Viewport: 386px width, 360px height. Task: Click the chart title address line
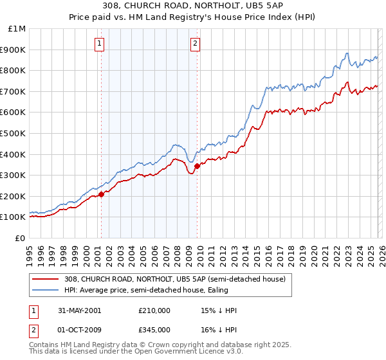[193, 6]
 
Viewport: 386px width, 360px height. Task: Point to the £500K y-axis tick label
[13, 134]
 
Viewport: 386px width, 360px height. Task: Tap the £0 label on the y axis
[21, 238]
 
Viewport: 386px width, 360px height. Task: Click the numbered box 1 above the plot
[100, 44]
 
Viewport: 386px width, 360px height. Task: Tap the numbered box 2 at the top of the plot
[195, 44]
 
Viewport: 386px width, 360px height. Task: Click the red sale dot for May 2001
[101, 194]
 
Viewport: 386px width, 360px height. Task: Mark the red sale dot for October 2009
[196, 166]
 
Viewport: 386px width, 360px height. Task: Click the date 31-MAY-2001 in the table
[79, 310]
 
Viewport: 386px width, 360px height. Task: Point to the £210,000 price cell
[154, 310]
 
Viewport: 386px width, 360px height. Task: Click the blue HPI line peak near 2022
[347, 53]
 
